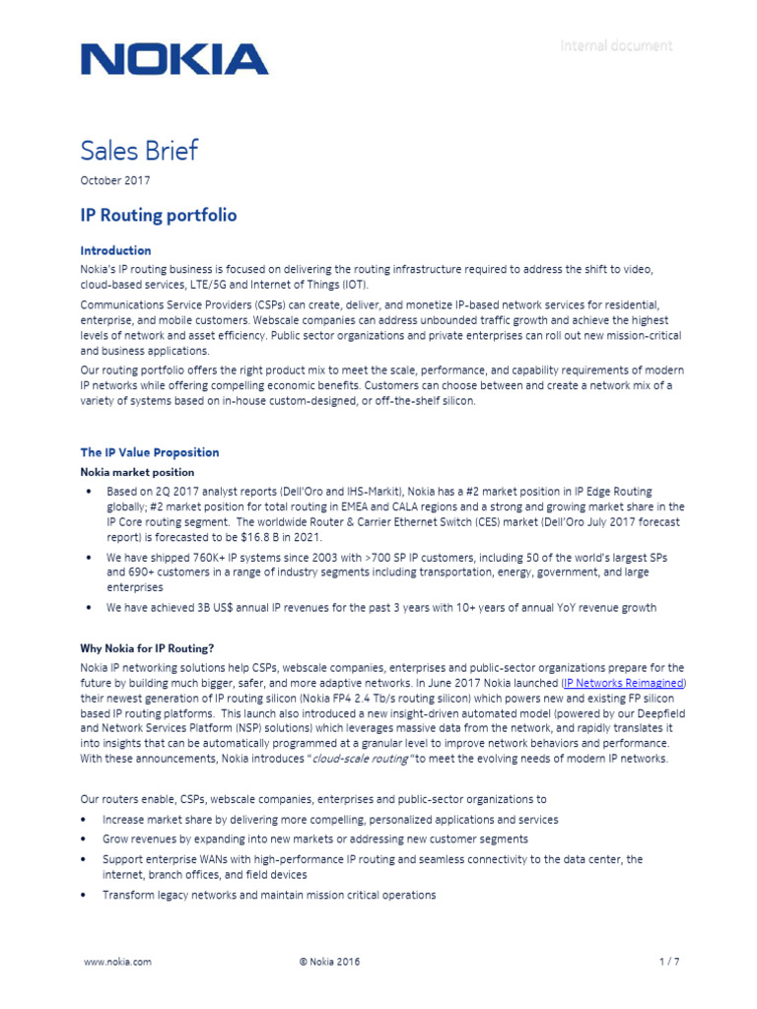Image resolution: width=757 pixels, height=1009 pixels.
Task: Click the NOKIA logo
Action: [x=173, y=59]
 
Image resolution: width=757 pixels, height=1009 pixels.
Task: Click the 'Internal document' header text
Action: [x=616, y=45]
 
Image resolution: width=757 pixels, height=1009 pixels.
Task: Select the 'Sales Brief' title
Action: [x=139, y=151]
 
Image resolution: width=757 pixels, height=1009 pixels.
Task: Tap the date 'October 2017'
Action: [x=114, y=180]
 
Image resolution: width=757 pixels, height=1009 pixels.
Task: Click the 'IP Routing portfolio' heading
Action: [x=158, y=215]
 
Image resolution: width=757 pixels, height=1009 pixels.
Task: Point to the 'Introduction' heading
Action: [x=115, y=250]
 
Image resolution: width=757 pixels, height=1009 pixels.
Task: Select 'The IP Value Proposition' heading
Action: [x=150, y=452]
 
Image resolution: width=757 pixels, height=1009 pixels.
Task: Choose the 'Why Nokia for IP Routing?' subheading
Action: [x=147, y=648]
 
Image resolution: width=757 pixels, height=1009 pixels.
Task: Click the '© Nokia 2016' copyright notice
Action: [x=329, y=962]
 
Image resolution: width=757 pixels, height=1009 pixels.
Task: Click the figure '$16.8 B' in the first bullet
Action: [x=298, y=538]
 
